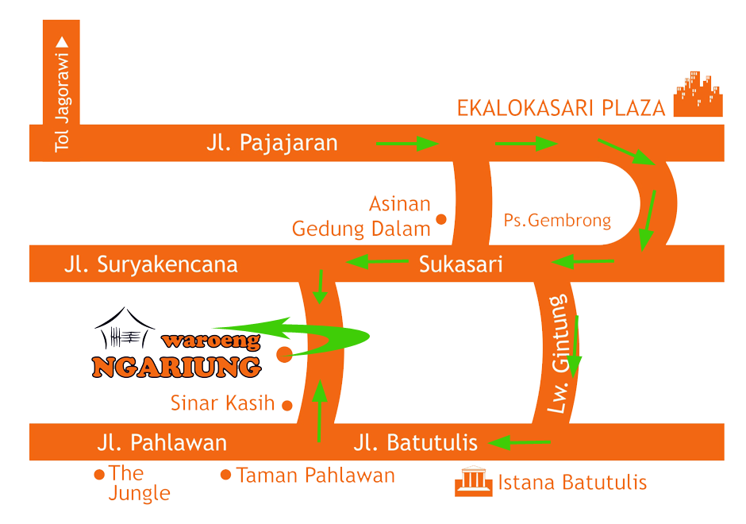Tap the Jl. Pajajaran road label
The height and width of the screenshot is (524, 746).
pos(271,143)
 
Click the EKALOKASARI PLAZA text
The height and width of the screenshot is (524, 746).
pos(560,108)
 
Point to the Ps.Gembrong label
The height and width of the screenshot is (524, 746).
pos(557,220)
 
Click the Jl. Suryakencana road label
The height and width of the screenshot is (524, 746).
pos(151,264)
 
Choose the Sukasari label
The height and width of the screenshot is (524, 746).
pos(460,264)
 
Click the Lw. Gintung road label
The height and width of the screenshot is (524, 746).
pos(560,355)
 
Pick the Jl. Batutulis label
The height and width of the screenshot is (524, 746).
pos(416,442)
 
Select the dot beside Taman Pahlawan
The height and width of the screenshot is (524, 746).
pos(225,476)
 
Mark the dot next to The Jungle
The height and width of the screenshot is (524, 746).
pos(99,475)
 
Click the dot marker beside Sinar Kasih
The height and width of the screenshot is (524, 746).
pos(287,405)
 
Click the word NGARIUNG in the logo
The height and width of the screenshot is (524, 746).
pos(176,367)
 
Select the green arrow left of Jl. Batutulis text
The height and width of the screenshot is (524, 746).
pos(520,442)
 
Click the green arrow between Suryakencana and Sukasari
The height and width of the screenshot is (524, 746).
pos(376,261)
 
